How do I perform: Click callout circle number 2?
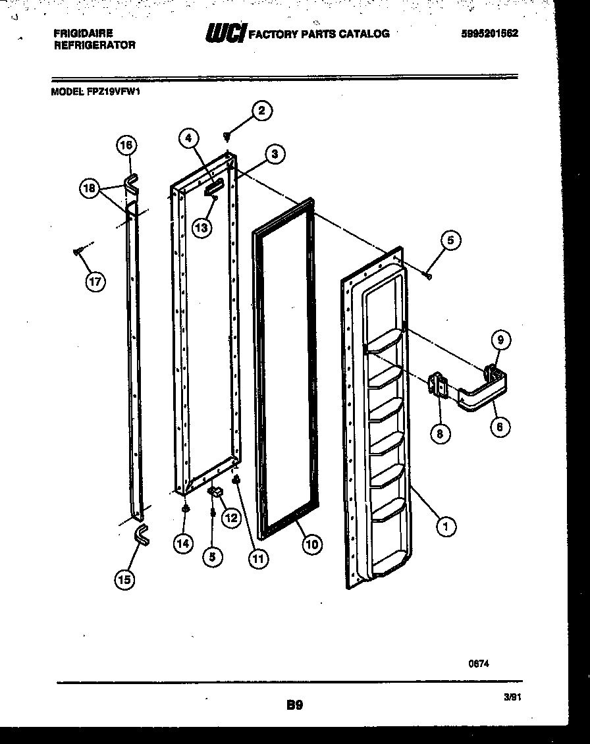coord(261,111)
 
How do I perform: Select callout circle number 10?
coord(312,544)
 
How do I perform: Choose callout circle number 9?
coord(500,340)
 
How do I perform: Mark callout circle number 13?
coord(201,227)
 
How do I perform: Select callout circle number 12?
coord(230,518)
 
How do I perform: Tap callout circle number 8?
coord(440,433)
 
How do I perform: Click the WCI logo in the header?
coord(226,34)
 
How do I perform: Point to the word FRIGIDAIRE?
coord(82,33)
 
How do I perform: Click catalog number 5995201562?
coord(489,33)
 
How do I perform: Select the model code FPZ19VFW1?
coord(114,93)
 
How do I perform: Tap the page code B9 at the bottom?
coord(294,705)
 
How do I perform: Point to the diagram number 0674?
coord(479,664)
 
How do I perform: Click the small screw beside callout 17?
coord(78,250)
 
